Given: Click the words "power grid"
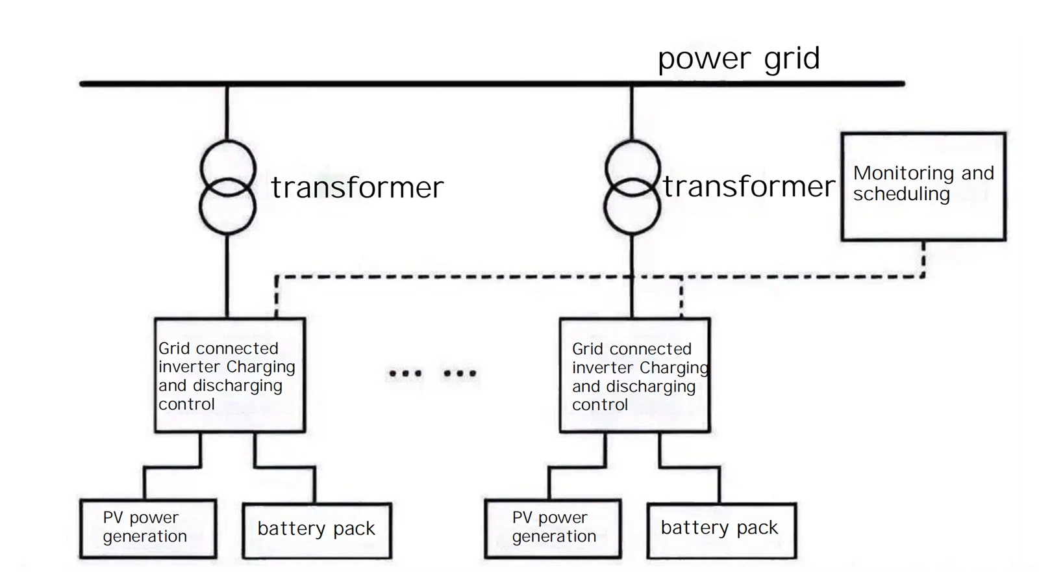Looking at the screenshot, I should point(738,58).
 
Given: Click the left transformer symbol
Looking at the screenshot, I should point(227,187).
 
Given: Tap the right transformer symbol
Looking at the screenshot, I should point(632,187).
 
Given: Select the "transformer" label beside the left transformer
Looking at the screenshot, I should point(357,188).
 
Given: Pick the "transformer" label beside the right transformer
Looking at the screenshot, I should point(749,187).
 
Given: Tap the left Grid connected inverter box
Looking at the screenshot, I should point(230,375).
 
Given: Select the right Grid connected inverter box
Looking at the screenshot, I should point(634,375).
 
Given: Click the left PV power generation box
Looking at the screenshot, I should point(148,528).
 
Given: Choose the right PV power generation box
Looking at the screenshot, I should point(553,528).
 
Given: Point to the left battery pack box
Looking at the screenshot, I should point(317,530).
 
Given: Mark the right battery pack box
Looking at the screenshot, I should point(721,530).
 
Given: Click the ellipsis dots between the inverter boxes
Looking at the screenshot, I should point(432,373).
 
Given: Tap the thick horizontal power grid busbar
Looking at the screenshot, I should point(455,84).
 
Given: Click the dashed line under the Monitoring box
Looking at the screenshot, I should point(923,259).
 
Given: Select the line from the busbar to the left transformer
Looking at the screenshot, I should point(227,112).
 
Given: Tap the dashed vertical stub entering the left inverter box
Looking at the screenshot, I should point(277,298).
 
